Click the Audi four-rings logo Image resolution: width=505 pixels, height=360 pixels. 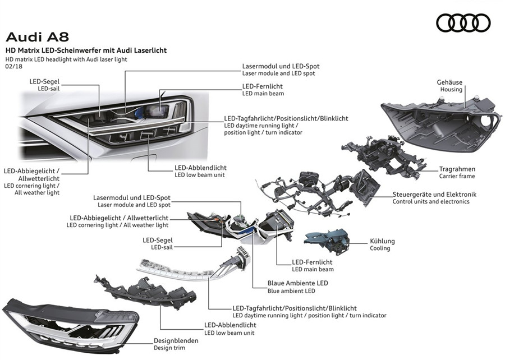click(x=463, y=23)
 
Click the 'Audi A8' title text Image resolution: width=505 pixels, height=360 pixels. click(x=38, y=37)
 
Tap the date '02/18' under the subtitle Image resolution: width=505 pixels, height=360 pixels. click(x=14, y=67)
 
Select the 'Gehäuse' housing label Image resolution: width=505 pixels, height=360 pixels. click(x=449, y=82)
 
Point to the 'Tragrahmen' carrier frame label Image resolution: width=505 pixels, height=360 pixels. click(x=457, y=169)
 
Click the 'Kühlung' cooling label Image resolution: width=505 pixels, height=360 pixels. click(x=382, y=241)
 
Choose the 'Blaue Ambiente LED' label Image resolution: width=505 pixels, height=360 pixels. click(x=297, y=283)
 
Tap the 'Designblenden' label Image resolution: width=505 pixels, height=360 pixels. click(x=176, y=340)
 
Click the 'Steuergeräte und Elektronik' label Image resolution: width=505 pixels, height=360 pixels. click(x=434, y=195)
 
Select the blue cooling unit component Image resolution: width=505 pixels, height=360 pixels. click(x=327, y=241)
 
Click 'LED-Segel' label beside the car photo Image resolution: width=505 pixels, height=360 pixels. click(x=44, y=82)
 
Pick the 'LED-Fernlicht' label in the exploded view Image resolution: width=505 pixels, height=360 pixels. click(x=312, y=262)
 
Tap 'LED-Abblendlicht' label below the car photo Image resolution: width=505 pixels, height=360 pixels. click(x=200, y=168)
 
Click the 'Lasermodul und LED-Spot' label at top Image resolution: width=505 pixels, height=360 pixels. click(x=281, y=66)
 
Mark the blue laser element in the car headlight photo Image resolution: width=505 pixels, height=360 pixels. click(x=140, y=112)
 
